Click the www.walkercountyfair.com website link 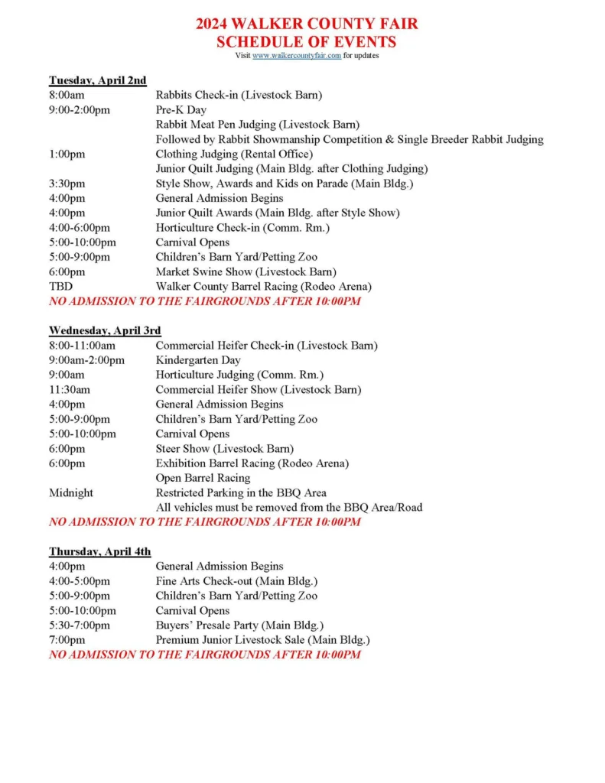[297, 56]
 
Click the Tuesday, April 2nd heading [97, 80]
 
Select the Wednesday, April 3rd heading [105, 330]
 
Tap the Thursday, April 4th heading [100, 551]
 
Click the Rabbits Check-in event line [239, 95]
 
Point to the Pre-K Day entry [181, 110]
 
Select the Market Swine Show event [246, 271]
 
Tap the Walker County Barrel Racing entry [263, 287]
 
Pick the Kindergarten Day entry [198, 360]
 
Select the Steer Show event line [224, 449]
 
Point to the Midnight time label [71, 492]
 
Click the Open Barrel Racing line [203, 478]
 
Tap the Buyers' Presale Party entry [239, 625]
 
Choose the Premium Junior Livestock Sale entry [262, 640]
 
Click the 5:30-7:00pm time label [80, 625]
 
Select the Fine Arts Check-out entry [236, 581]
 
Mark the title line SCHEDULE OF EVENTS [306, 41]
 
